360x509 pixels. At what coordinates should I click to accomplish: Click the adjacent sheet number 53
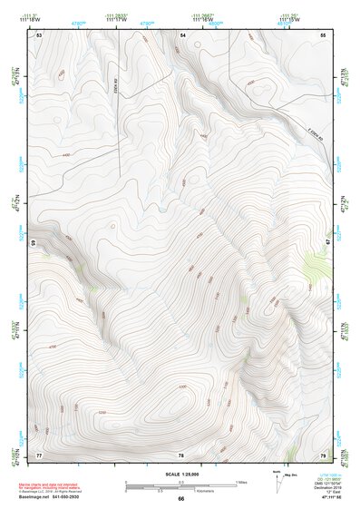tap(39, 34)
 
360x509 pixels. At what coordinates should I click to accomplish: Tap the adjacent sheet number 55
tap(322, 34)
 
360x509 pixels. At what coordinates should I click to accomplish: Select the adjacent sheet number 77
tap(39, 455)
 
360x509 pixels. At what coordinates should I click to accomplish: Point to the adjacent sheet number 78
tap(180, 455)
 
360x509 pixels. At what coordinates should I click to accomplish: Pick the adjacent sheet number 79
tap(322, 455)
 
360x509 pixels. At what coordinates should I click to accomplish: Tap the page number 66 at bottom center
tap(180, 499)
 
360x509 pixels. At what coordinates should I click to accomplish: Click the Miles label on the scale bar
tap(241, 481)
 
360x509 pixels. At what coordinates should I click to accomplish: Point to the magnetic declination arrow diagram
tap(278, 483)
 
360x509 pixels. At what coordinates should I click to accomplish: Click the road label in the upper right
tap(314, 132)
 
